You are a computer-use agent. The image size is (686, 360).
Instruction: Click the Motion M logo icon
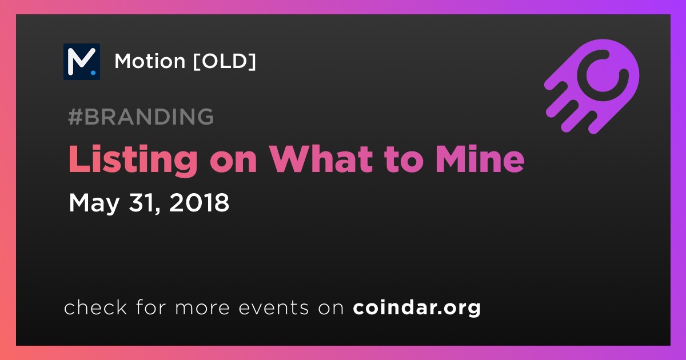point(81,62)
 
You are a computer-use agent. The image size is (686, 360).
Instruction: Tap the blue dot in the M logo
point(93,73)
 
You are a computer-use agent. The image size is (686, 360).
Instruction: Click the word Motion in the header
point(150,61)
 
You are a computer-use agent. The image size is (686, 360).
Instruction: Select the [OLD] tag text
point(225,61)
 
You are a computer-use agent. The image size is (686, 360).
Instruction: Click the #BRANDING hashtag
point(141,117)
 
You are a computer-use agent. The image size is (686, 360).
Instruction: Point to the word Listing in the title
point(133,160)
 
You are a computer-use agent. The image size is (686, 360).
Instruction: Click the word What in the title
point(321,159)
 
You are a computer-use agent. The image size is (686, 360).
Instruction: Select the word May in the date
point(94,203)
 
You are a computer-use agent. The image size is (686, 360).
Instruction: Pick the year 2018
point(199,202)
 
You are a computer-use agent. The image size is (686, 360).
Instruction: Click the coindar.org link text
point(417,307)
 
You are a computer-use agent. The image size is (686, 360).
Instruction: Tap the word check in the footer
point(95,307)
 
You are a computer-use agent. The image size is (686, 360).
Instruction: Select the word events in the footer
point(273,307)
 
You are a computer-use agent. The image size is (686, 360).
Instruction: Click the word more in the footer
point(202,308)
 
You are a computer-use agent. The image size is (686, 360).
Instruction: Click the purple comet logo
point(592,86)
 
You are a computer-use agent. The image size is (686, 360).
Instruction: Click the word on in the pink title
point(233,162)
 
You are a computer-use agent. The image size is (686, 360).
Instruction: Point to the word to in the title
point(404,161)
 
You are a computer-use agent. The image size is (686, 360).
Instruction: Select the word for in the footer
point(151,307)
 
